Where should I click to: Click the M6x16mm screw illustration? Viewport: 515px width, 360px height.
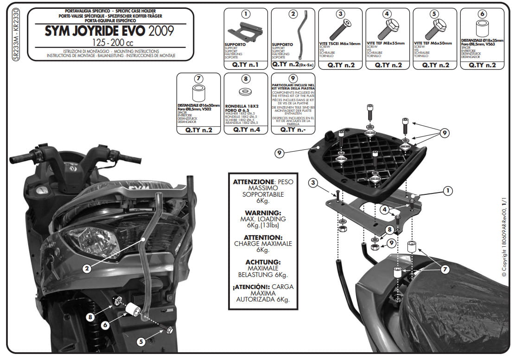[x=338, y=30]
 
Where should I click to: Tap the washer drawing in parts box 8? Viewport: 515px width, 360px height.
[x=245, y=91]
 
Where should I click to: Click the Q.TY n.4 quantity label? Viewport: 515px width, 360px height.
[x=245, y=130]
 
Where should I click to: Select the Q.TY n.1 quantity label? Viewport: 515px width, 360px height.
[x=245, y=65]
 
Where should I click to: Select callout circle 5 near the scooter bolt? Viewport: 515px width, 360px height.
[x=141, y=341]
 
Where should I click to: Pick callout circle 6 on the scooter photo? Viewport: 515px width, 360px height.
[x=105, y=325]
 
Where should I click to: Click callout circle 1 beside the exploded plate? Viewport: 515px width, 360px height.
[x=448, y=190]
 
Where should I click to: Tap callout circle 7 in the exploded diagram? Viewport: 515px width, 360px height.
[x=445, y=269]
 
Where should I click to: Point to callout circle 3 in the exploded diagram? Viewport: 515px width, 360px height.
[x=314, y=183]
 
